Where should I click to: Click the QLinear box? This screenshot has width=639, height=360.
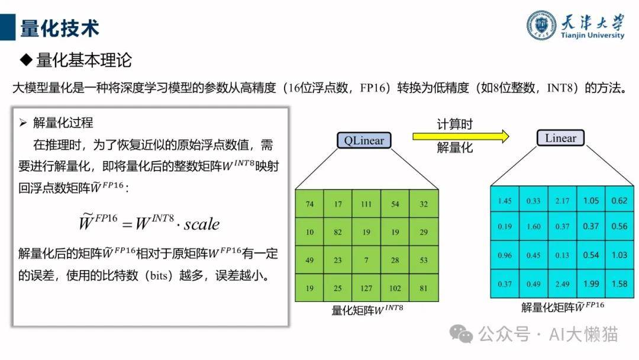(x=364, y=140)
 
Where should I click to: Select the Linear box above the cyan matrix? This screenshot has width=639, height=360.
(x=560, y=138)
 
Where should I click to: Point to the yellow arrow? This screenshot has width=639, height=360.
(x=461, y=136)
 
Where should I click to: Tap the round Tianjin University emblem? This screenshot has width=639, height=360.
(x=541, y=25)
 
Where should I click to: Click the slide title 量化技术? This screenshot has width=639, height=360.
(x=60, y=28)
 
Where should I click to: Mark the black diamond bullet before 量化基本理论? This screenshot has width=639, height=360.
(x=26, y=60)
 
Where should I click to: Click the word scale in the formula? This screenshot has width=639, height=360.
(x=201, y=224)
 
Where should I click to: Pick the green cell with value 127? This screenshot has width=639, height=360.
(x=366, y=288)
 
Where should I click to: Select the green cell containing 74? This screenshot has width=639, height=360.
(x=309, y=204)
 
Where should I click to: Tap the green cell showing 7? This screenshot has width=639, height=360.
(x=366, y=260)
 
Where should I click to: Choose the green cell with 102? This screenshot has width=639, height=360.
(x=395, y=288)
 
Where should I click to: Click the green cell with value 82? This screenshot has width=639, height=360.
(x=338, y=232)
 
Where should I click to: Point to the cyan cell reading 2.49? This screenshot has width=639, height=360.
(x=562, y=284)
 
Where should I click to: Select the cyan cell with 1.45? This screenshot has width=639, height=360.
(x=505, y=201)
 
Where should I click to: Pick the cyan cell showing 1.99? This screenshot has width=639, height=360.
(x=591, y=284)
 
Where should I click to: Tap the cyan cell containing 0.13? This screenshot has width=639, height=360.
(x=562, y=255)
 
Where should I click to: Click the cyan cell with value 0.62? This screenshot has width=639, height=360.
(x=619, y=201)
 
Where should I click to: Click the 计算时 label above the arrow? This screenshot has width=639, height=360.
(x=455, y=124)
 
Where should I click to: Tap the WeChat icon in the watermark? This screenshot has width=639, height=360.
(x=461, y=334)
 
